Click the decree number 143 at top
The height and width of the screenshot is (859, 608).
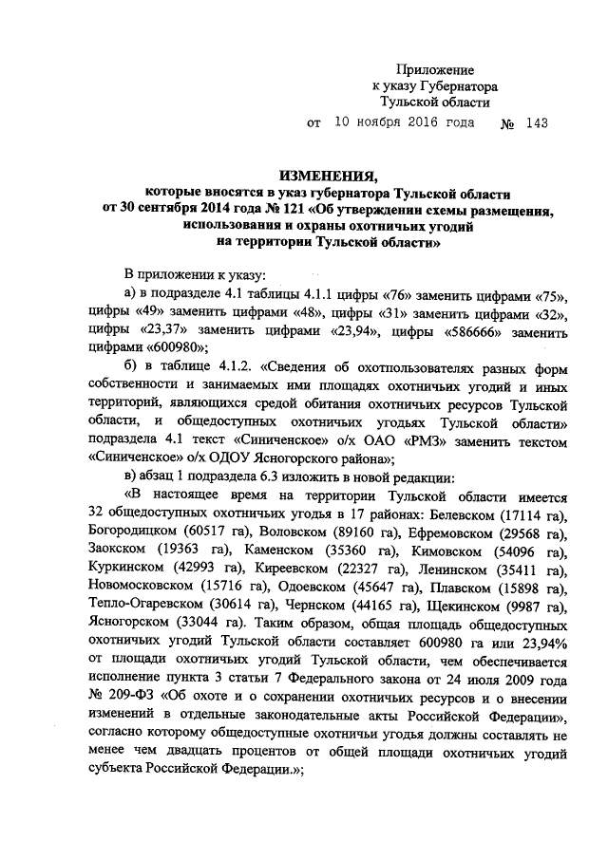pos(536,123)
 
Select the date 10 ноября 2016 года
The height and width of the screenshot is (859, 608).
pos(404,123)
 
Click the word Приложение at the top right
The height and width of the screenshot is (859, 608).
pos(434,70)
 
